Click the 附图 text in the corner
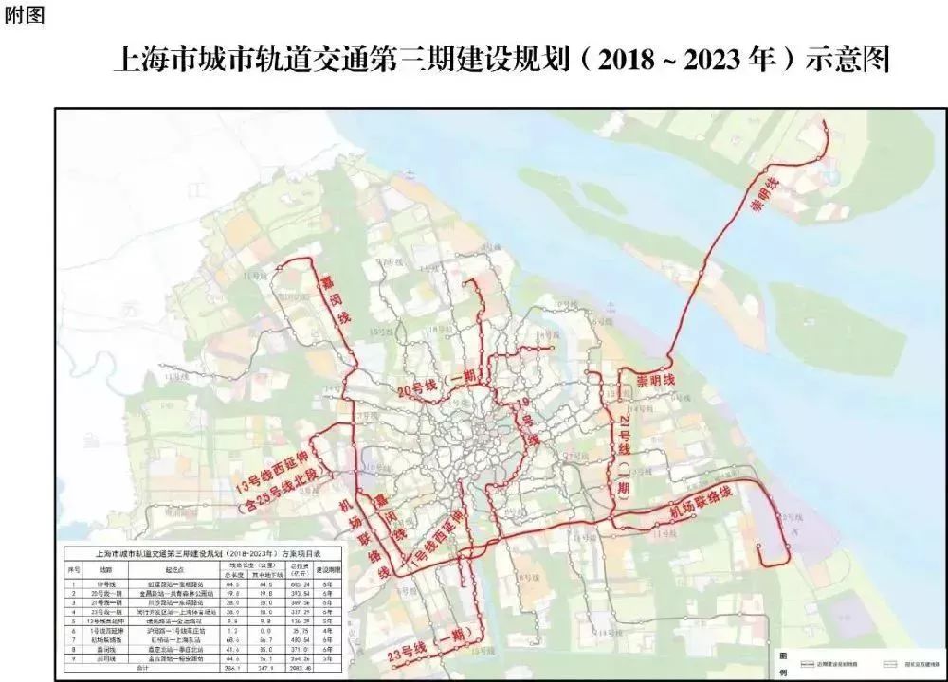click(x=24, y=17)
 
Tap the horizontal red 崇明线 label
click(x=655, y=380)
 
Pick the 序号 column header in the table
click(x=73, y=570)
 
